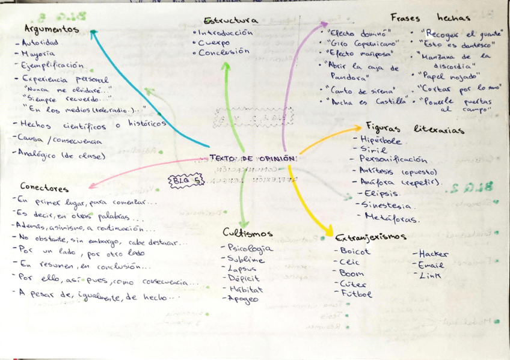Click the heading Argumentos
(x=51, y=29)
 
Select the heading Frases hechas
(x=429, y=18)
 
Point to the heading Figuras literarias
(x=414, y=129)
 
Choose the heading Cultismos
(x=247, y=233)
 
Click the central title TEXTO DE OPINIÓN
(x=253, y=159)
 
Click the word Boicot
(x=355, y=251)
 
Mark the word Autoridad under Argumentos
(x=40, y=43)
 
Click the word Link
(x=429, y=275)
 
